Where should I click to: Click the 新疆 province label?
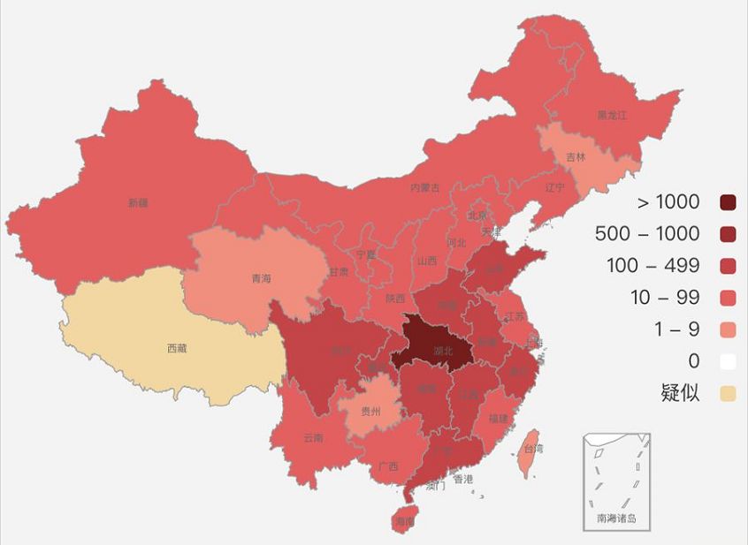(x=137, y=203)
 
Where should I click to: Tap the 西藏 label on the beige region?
(x=177, y=349)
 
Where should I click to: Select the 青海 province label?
(x=261, y=278)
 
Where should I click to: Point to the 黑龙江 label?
(x=612, y=115)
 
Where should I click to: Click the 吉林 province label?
(x=576, y=157)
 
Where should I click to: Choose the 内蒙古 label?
(x=424, y=187)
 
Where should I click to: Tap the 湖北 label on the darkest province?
(x=443, y=351)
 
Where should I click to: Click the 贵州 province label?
(x=371, y=412)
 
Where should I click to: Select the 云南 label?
(x=313, y=437)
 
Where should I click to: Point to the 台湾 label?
(x=534, y=449)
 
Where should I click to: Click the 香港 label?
(x=463, y=480)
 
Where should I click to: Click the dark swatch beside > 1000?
(x=728, y=202)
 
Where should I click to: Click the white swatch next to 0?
(x=728, y=360)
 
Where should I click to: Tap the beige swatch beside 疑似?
(x=728, y=392)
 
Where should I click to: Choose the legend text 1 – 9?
(x=676, y=329)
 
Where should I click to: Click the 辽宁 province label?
(x=554, y=187)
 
